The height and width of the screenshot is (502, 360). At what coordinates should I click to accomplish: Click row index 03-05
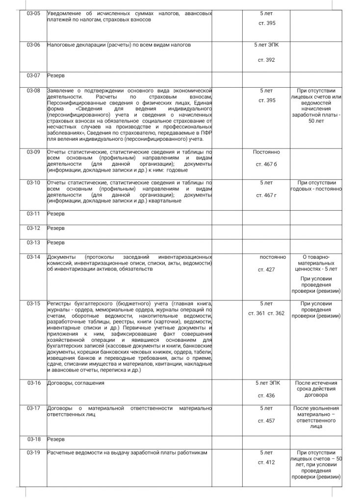[x=34, y=13]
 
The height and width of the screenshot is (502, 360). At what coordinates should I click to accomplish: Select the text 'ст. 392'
[x=266, y=60]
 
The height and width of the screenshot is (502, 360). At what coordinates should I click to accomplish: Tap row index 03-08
[x=34, y=91]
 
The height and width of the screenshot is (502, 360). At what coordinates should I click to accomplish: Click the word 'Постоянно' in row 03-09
[x=266, y=152]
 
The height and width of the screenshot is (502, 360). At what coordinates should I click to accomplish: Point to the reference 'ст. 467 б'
[x=266, y=164]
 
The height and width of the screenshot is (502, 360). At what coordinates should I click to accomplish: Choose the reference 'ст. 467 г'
[x=266, y=195]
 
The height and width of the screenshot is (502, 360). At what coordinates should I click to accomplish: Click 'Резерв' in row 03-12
[x=56, y=228]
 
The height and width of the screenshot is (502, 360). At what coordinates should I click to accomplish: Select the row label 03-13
[x=34, y=243]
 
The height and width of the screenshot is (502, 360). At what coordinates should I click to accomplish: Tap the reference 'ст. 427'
[x=266, y=269]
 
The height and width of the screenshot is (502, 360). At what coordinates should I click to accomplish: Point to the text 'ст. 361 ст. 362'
[x=266, y=313]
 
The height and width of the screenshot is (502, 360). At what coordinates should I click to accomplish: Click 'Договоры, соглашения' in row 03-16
[x=76, y=382]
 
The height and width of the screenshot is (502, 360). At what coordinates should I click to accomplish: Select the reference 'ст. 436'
[x=266, y=395]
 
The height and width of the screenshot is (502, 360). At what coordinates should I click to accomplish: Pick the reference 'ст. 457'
[x=266, y=421]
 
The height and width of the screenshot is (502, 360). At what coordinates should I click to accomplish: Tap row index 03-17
[x=34, y=408]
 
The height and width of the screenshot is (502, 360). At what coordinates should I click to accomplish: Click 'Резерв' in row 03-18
[x=56, y=439]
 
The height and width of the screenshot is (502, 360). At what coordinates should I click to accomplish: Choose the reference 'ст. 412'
[x=266, y=462]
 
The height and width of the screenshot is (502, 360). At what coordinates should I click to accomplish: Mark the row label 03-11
[x=34, y=214]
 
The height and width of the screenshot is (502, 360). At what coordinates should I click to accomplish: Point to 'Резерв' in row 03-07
[x=56, y=76]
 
